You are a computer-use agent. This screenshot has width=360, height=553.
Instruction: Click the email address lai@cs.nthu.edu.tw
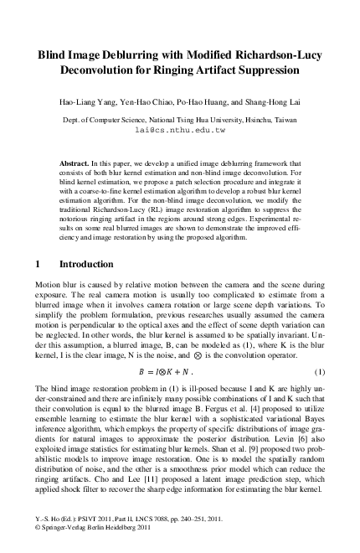(x=179, y=131)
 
